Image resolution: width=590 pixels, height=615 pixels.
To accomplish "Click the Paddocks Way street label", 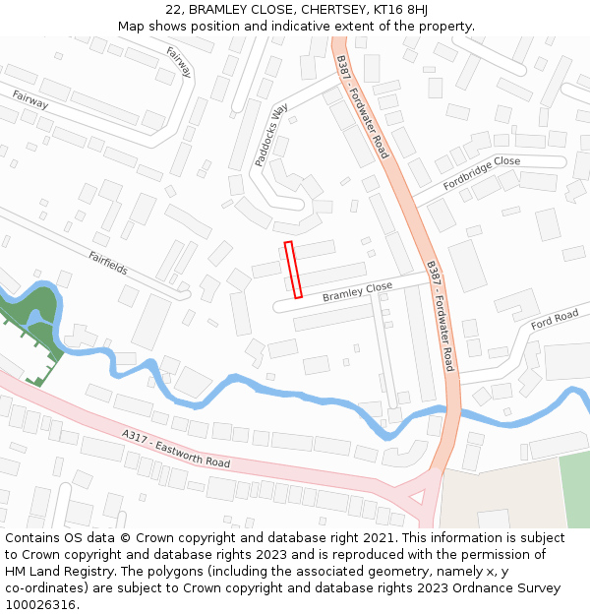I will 270,137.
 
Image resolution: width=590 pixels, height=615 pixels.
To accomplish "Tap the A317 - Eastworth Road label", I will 176,449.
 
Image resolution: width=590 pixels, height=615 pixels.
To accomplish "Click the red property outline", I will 293,269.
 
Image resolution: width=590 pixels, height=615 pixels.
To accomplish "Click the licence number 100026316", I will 40,605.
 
